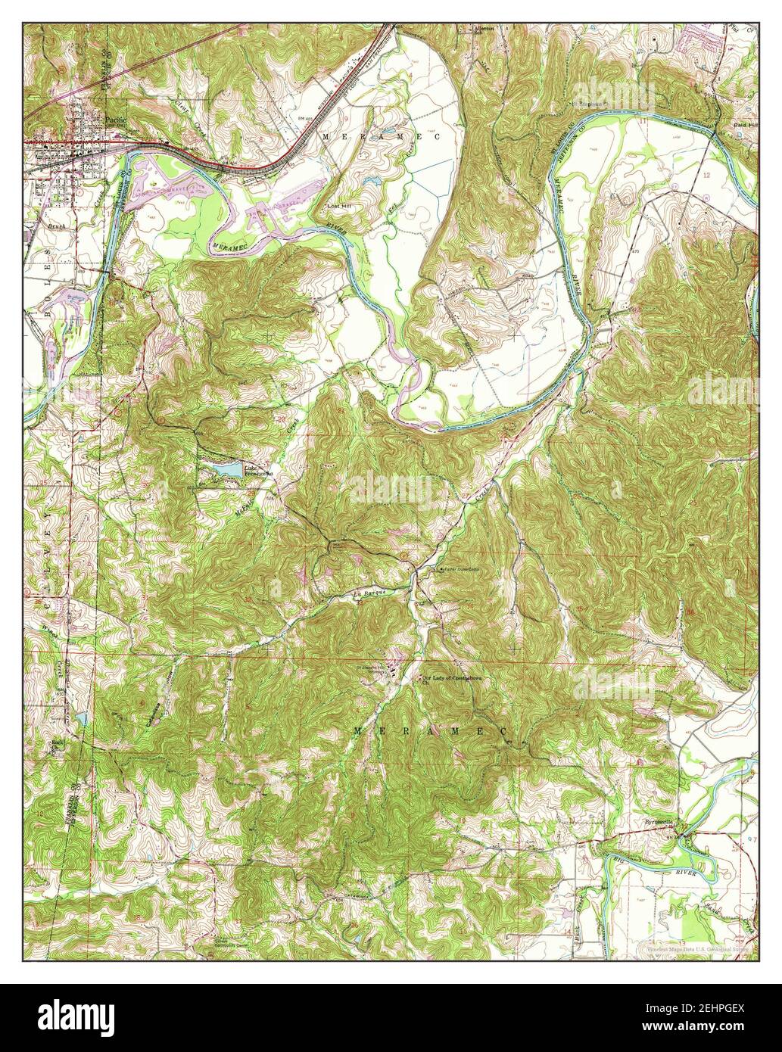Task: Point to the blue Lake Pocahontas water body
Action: click(x=226, y=470)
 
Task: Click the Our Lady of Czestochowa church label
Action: click(x=452, y=678)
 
